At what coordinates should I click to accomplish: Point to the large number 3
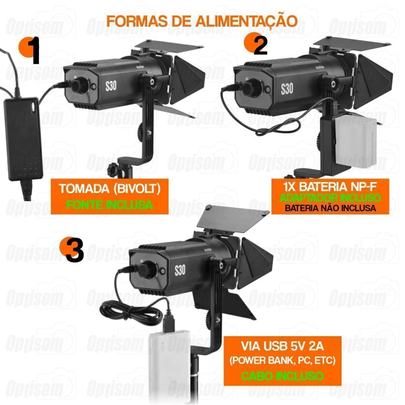coord(74,250)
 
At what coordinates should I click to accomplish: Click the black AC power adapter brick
coord(23,139)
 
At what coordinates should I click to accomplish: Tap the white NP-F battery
coord(356,142)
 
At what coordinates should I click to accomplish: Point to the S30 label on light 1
coord(111,86)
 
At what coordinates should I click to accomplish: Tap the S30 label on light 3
coord(180,270)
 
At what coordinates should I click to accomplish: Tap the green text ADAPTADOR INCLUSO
coord(330,198)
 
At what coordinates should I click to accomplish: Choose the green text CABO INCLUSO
coord(282,376)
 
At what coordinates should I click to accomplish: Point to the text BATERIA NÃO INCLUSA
coord(330,208)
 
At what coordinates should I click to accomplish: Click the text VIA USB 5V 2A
coord(282,346)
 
